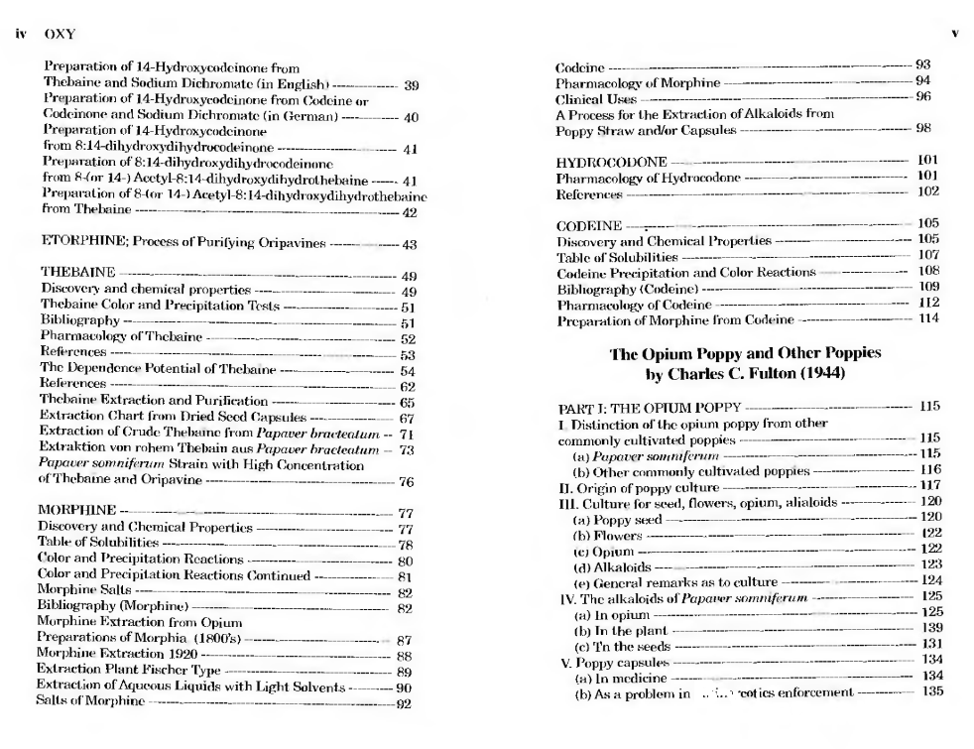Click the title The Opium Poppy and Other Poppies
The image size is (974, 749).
(744, 353)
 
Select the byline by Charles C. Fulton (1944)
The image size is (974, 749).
(744, 374)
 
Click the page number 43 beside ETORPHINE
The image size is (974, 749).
(410, 245)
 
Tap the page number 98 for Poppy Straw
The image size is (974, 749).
(922, 129)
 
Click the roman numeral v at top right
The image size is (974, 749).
(954, 34)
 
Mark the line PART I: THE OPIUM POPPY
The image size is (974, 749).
(648, 407)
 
